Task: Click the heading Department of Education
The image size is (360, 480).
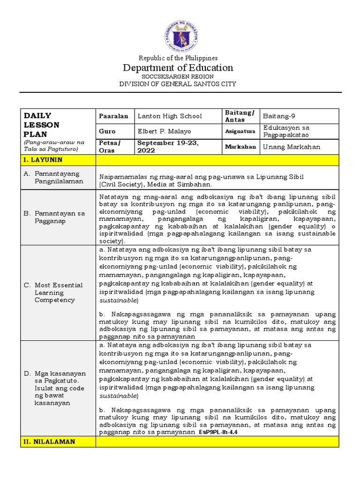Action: [x=178, y=68]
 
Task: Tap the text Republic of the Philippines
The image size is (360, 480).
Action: [x=178, y=58]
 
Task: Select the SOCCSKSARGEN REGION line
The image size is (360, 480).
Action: [x=178, y=76]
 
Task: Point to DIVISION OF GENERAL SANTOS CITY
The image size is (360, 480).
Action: [x=178, y=84]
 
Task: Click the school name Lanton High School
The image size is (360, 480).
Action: [x=170, y=116]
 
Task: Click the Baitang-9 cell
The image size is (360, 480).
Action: [x=280, y=116]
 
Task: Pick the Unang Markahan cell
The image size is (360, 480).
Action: [x=292, y=147]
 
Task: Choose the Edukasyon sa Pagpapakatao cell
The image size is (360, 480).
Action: [x=286, y=131]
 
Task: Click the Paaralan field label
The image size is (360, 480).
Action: [x=113, y=116]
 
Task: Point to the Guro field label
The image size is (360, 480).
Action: [x=107, y=131]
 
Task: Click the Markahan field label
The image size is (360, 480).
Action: [x=240, y=147]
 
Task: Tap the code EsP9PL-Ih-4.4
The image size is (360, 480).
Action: [x=218, y=433]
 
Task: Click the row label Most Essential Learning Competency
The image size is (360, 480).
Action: [x=58, y=292]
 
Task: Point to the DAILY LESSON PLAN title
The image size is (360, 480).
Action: [x=42, y=125]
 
